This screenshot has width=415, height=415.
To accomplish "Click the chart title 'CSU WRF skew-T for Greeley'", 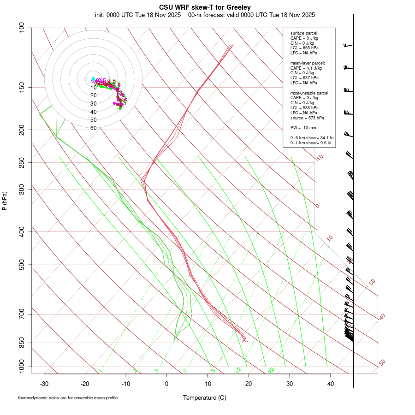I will tap(205, 7).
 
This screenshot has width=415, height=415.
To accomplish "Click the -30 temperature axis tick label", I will tap(44, 384).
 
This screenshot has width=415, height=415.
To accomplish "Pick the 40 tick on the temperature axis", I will tap(331, 384).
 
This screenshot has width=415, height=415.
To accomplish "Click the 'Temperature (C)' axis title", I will tap(205, 397).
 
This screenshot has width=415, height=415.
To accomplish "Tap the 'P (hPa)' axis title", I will tap(5, 201).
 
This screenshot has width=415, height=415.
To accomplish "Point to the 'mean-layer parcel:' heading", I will tap(308, 63).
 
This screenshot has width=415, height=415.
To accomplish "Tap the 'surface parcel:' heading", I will tap(304, 33).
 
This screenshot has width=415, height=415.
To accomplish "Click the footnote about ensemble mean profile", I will tap(68, 397).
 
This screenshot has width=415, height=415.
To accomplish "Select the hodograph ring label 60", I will tap(93, 128).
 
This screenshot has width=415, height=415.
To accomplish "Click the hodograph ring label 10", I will tap(93, 88).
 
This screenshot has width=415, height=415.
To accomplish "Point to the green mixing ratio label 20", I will tap(272, 370).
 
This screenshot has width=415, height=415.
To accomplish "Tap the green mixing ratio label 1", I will tap(100, 371).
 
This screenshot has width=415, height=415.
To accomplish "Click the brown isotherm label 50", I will tap(382, 363).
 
